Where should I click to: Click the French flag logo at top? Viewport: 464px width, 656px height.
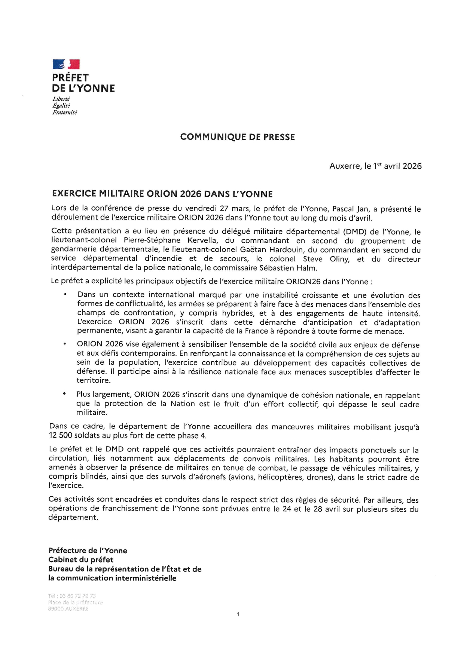[x=66, y=64]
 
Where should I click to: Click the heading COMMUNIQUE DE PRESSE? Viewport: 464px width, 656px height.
[x=237, y=137]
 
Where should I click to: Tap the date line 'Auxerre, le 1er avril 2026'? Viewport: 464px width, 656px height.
[x=375, y=166]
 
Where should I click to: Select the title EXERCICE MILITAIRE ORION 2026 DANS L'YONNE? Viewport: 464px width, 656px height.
[x=162, y=194]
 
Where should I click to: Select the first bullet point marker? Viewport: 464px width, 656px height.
[x=65, y=295]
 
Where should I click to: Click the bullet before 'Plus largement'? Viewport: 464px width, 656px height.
[x=65, y=394]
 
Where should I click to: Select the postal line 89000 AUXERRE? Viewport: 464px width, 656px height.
[x=68, y=609]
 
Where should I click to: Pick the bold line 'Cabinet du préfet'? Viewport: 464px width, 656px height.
[x=81, y=560]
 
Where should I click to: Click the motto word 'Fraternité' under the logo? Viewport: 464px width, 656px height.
[x=65, y=112]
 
